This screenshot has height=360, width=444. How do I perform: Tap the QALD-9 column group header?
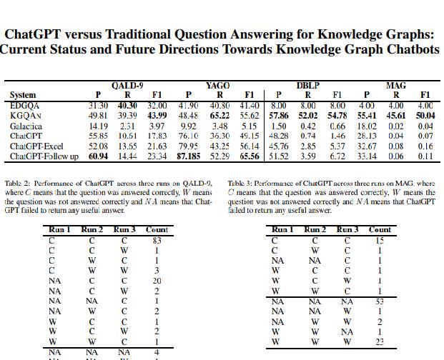point(127,86)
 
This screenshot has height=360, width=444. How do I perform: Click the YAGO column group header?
point(217,86)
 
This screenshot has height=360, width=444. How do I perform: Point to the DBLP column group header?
point(307,86)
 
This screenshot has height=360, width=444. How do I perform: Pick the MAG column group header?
point(395,86)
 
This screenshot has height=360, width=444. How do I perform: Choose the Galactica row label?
point(26,126)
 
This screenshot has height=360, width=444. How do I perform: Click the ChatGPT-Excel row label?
point(37,146)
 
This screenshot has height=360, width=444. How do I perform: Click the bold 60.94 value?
point(98,156)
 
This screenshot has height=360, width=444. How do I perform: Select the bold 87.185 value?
point(189,156)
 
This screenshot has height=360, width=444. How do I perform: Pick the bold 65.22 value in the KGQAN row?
point(220,116)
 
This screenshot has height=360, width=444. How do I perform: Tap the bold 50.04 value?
point(425,116)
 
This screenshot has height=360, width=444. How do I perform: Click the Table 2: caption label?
point(19,184)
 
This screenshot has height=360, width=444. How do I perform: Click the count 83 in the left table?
point(157,241)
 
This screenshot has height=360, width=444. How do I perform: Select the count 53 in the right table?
point(380,301)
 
